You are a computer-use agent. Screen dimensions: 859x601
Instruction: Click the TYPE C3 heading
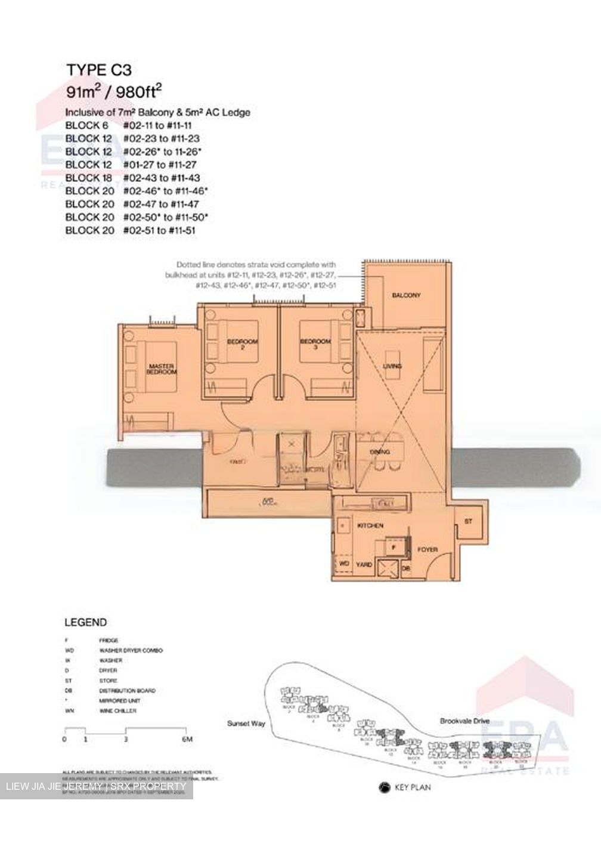point(98,70)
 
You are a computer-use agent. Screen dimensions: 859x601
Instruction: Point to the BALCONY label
point(406,295)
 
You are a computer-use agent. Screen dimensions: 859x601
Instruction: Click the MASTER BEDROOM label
point(162,369)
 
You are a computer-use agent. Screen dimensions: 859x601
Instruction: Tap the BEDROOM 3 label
point(315,344)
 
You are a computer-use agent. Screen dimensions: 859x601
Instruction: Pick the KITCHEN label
point(370,526)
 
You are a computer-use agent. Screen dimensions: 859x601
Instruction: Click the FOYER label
point(427,549)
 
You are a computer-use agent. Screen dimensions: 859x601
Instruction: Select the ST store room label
point(468,521)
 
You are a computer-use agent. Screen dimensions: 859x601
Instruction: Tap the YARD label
point(364,564)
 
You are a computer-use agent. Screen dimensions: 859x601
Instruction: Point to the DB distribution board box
point(406,568)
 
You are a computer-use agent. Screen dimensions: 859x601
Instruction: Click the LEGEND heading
point(85,622)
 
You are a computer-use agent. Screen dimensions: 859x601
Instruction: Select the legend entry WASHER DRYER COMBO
point(131,650)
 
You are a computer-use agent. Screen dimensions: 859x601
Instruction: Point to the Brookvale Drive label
point(464,721)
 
